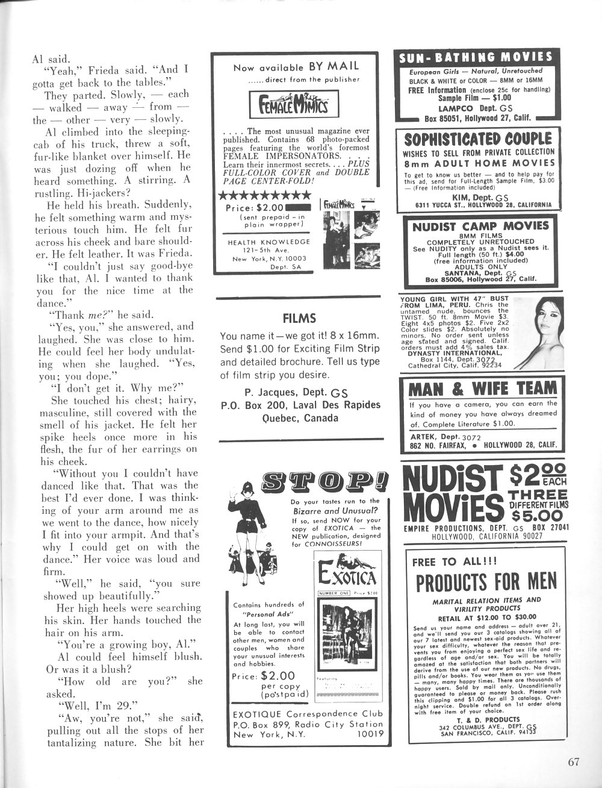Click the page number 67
click(x=573, y=761)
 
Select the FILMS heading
click(x=299, y=317)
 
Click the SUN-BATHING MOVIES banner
click(x=475, y=58)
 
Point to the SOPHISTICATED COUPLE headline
click(x=477, y=139)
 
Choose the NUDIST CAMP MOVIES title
click(x=480, y=226)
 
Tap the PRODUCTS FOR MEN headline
click(x=486, y=581)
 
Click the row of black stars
click(x=264, y=195)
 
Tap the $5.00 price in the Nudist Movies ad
click(x=537, y=515)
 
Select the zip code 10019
click(x=370, y=734)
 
